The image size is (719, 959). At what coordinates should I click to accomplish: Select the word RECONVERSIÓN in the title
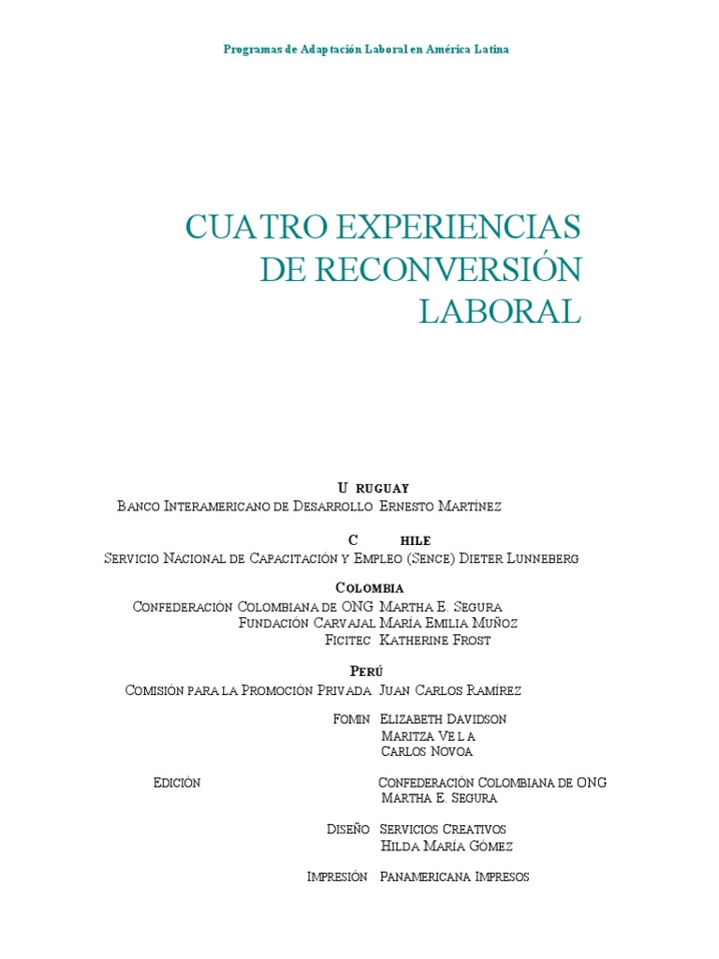coord(449,270)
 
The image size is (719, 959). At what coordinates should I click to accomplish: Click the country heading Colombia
coord(370,588)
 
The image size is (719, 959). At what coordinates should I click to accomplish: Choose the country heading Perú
coord(367,671)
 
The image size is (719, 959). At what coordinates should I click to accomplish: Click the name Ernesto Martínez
coord(441,507)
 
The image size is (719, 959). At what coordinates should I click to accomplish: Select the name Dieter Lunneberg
coord(521,558)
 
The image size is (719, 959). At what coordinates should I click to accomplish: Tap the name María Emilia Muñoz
coord(448,623)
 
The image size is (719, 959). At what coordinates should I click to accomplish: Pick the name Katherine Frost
coord(435,640)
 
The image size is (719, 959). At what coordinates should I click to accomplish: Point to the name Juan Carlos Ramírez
coord(450,690)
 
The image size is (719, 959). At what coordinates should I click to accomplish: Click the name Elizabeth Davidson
coord(444,719)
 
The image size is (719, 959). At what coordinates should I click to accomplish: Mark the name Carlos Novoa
coord(427,751)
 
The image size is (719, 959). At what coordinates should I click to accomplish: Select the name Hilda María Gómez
coord(447,847)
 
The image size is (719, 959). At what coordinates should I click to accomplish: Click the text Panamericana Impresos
coord(455,878)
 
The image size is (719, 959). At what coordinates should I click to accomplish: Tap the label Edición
coord(177,783)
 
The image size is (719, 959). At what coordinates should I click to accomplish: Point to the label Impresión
coord(337,878)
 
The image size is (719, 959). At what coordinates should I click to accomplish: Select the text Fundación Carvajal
coord(307,623)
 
